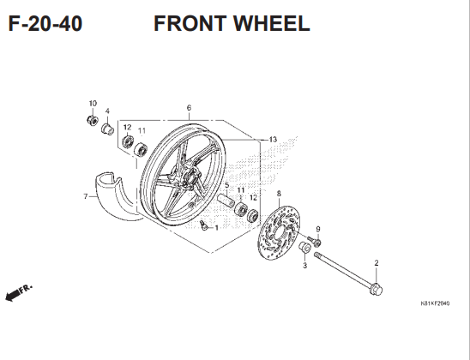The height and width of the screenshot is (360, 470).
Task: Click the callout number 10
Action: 93,104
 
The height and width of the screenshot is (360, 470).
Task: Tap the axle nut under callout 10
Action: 92,120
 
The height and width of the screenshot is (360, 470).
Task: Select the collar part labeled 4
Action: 107,129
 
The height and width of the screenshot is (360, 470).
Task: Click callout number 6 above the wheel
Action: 189,108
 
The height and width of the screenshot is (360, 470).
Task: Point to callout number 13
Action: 273,140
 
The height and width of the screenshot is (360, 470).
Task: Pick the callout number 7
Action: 86,196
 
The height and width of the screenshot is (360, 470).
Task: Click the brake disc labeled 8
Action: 279,232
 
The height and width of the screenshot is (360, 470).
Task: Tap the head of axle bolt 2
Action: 377,290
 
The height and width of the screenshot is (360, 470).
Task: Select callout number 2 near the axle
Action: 377,263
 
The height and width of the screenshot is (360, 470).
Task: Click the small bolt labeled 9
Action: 315,241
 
